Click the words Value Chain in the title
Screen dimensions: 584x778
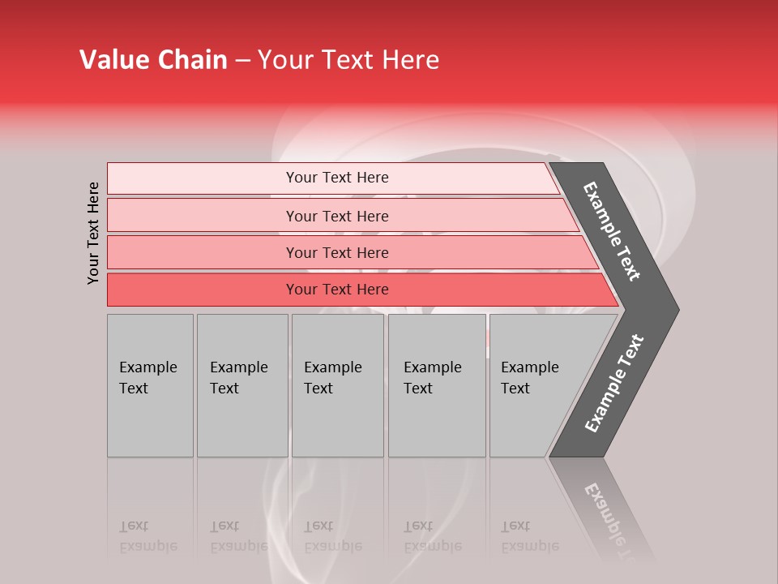[x=153, y=60]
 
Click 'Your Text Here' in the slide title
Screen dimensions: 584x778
[x=348, y=60]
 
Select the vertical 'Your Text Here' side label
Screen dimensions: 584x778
[x=94, y=233]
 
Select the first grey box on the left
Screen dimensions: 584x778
[x=150, y=385]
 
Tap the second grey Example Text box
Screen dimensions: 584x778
[x=242, y=385]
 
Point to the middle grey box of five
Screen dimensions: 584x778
[x=337, y=385]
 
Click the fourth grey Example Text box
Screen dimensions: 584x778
[x=437, y=385]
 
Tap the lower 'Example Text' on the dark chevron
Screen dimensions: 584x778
[x=613, y=384]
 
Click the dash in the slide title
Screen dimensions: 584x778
[x=242, y=61]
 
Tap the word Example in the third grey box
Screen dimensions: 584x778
[x=332, y=367]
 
